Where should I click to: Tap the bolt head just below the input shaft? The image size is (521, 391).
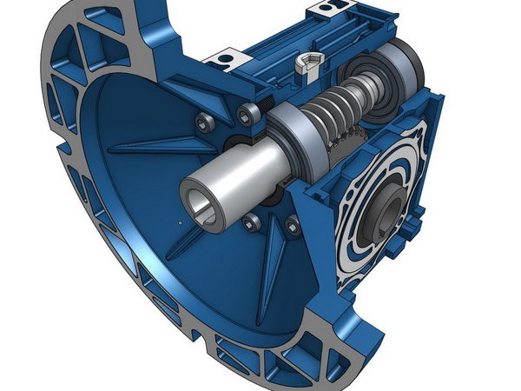pos(252,222)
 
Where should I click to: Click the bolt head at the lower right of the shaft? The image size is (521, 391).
pos(293,228)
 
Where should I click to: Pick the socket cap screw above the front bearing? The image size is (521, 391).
pos(249,110)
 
